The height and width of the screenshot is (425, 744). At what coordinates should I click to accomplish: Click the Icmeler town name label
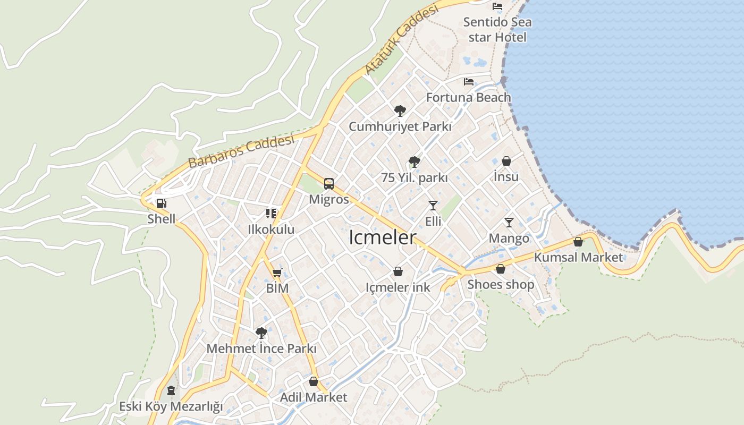click(x=382, y=237)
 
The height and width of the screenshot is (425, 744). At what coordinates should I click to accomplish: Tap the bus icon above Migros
click(x=329, y=184)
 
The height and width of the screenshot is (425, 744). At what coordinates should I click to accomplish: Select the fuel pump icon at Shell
click(x=162, y=203)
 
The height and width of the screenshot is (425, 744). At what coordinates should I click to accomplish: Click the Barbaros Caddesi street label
click(x=241, y=152)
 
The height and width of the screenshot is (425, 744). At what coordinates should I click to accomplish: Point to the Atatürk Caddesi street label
click(x=402, y=40)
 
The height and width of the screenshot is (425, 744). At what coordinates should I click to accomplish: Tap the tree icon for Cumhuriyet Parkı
click(x=400, y=111)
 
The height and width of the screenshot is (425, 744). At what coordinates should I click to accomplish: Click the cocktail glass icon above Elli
click(x=433, y=206)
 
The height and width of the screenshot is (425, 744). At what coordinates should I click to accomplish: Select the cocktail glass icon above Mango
click(x=509, y=223)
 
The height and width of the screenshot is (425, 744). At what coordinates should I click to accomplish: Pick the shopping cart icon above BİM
click(x=277, y=273)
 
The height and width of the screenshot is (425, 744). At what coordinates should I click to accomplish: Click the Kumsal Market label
click(x=578, y=257)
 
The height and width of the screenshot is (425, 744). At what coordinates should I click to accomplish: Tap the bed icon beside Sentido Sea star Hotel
click(x=497, y=6)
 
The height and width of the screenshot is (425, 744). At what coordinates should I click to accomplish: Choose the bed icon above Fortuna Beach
click(x=469, y=82)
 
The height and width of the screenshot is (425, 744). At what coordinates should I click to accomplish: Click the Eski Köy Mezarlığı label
click(x=171, y=406)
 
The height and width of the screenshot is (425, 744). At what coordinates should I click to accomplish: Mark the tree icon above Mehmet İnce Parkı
click(x=261, y=333)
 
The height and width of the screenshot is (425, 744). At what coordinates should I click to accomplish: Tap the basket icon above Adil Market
click(x=314, y=381)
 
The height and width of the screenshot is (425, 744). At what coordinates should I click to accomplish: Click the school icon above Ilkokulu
click(x=271, y=214)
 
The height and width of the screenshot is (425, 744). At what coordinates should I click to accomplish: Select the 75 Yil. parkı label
click(x=415, y=178)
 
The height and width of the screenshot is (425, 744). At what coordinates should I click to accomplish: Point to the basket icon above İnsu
click(x=506, y=160)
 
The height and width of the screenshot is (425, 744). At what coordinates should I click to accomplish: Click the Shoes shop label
click(x=501, y=284)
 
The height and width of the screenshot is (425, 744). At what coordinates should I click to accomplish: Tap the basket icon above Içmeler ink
click(x=398, y=272)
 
